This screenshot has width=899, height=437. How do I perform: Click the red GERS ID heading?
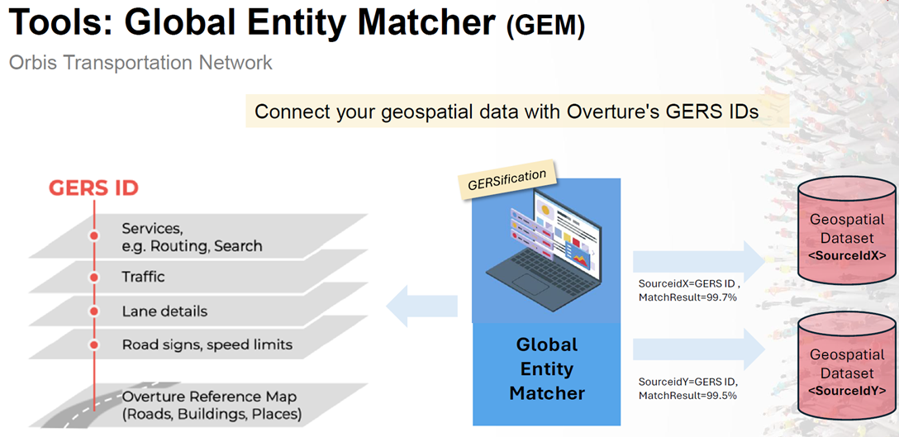[x=93, y=188]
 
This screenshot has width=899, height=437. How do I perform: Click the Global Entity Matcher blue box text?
[x=546, y=368]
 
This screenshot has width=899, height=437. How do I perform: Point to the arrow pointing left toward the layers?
[x=421, y=306]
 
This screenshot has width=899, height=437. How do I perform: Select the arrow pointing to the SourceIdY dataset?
[x=699, y=349]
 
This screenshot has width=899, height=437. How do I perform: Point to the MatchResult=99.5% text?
[x=687, y=395]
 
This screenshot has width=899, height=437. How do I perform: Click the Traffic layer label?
[x=143, y=277]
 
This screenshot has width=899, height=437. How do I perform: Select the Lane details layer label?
[x=164, y=311]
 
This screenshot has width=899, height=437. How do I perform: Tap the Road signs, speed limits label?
[x=207, y=345]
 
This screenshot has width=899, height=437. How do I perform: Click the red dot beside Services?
[x=94, y=235]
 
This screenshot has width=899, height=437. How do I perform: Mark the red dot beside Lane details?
[x=94, y=311]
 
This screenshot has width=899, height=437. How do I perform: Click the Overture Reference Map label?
[x=212, y=405]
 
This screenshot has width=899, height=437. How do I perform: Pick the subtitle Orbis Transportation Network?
[x=140, y=63]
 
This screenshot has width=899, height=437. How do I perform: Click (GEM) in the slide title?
[x=545, y=26]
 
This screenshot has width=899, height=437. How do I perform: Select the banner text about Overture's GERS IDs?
[x=507, y=112]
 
